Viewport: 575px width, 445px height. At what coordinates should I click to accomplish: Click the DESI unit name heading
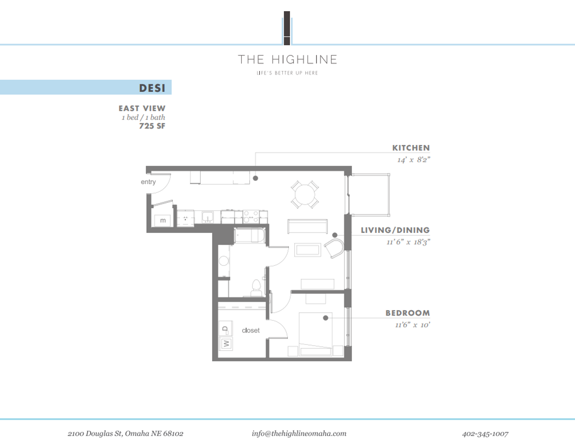(152, 88)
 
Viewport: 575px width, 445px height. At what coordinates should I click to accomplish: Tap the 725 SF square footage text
(152, 126)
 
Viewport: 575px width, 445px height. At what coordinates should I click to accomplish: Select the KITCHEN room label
(410, 148)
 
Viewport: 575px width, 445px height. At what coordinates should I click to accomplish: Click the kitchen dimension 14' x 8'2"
(413, 160)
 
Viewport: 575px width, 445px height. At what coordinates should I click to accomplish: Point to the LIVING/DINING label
(395, 230)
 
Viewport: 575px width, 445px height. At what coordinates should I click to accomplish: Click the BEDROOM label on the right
(407, 313)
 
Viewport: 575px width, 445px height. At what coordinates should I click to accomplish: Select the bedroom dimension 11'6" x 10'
(412, 325)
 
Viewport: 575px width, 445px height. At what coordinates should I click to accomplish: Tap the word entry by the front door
(148, 182)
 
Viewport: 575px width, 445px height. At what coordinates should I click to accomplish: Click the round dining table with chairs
(305, 194)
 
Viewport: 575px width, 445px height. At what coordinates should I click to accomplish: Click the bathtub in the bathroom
(250, 236)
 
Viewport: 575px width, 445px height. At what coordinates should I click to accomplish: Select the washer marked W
(226, 343)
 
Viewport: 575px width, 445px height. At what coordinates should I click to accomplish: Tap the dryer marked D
(225, 329)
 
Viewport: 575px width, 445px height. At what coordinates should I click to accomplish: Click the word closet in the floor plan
(250, 330)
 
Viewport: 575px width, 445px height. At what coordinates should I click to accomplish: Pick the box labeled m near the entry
(162, 220)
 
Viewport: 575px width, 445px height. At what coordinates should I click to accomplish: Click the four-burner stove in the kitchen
(251, 217)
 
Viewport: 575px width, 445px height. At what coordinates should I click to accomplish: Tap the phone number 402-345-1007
(485, 433)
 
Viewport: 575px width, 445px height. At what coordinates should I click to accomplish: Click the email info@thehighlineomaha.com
(299, 433)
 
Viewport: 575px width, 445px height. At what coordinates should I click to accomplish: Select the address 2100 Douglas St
(125, 433)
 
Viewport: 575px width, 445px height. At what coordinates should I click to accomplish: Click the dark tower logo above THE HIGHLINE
(287, 28)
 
